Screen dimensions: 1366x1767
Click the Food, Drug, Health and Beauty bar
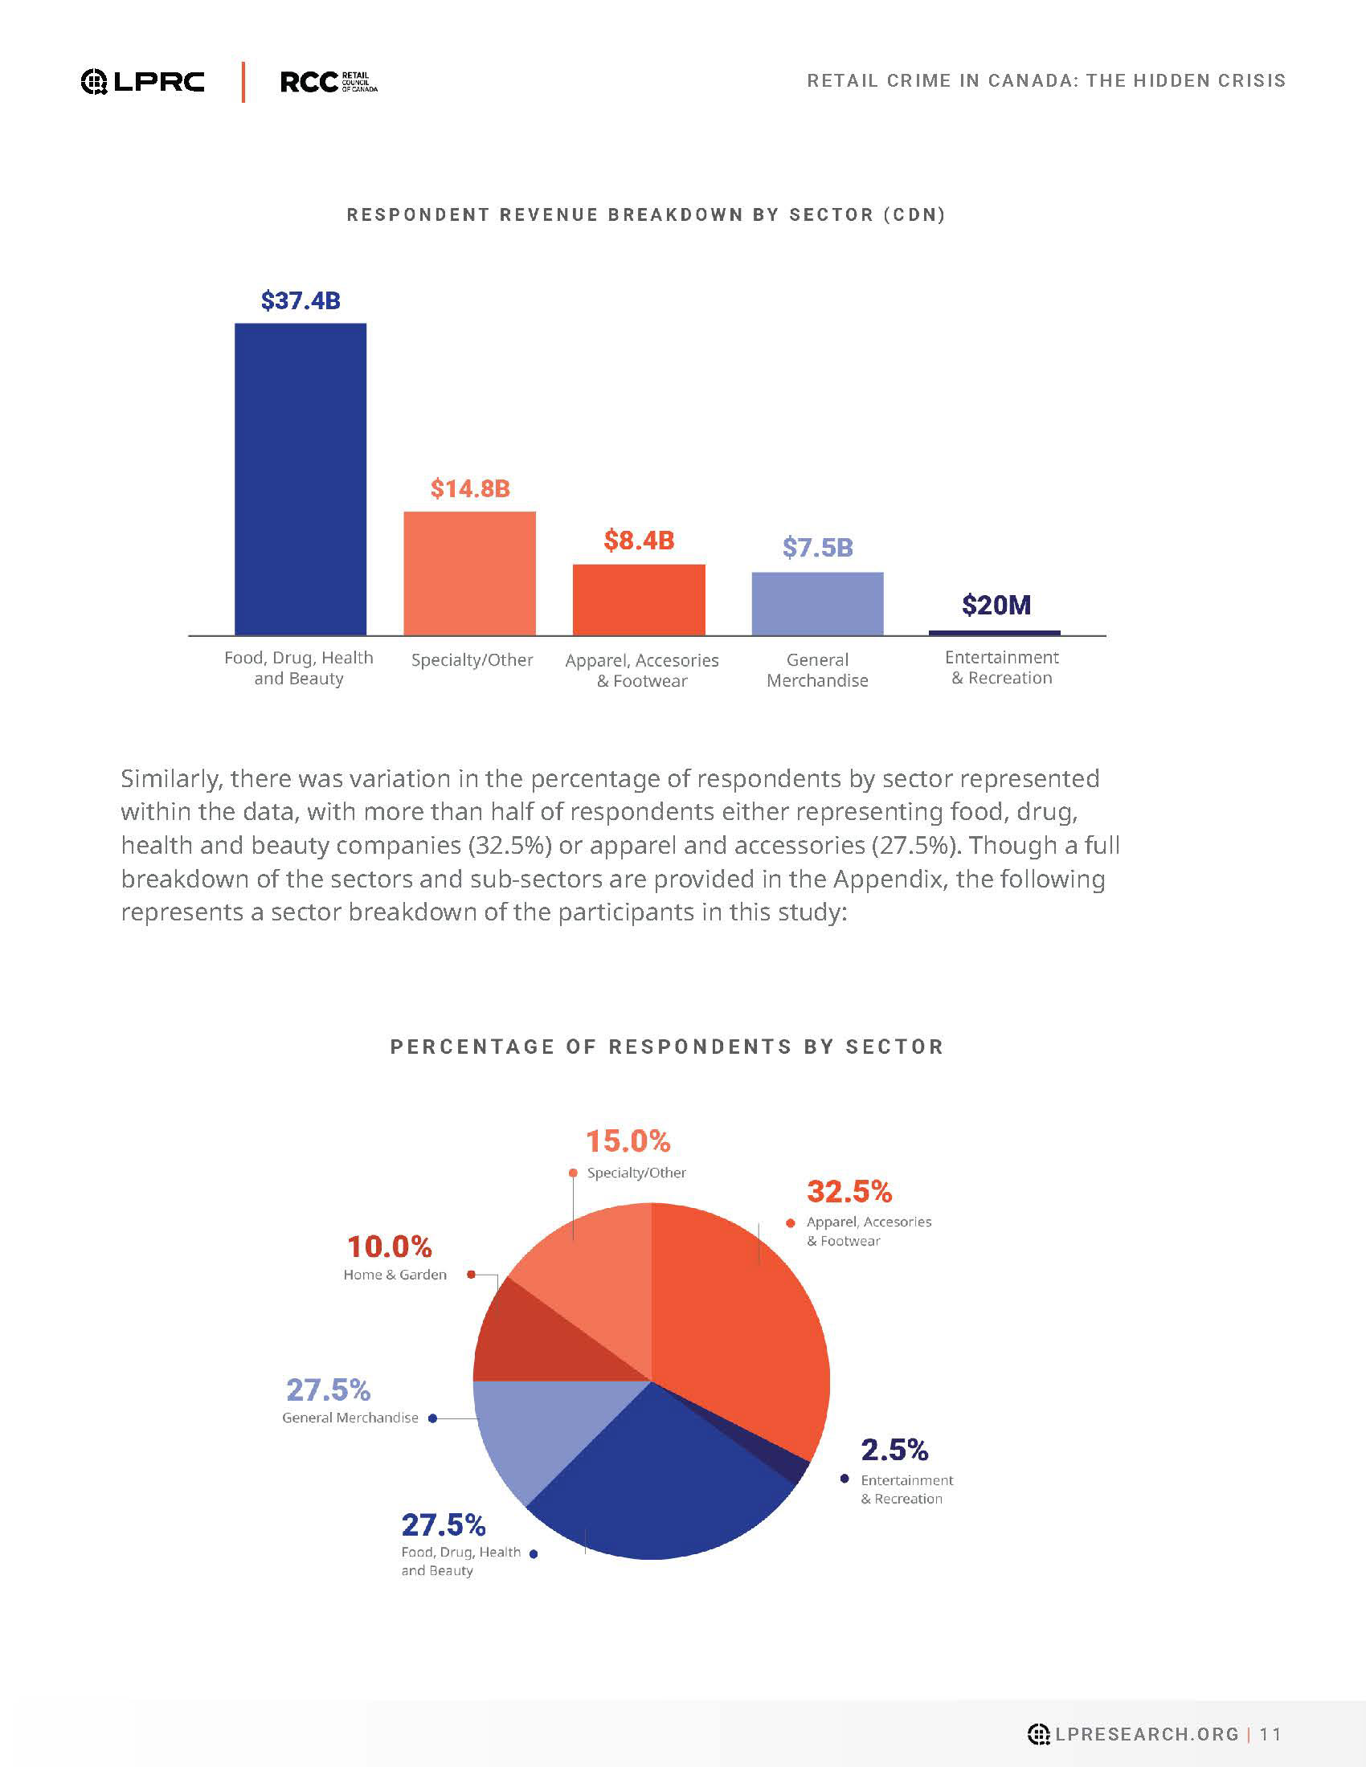(x=301, y=479)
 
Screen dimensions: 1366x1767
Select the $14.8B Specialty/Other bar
(x=469, y=573)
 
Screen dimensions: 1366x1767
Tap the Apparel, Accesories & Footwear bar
(x=639, y=599)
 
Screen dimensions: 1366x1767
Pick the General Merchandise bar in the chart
(x=817, y=603)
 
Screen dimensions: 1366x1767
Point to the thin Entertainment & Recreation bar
(x=995, y=633)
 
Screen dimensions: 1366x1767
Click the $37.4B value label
(x=301, y=301)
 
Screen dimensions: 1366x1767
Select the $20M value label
(x=996, y=605)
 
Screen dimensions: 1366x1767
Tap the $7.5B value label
(x=817, y=548)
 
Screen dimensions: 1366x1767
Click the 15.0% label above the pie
(x=628, y=1141)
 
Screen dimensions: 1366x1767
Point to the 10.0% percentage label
(x=389, y=1247)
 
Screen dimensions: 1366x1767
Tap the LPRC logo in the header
(x=142, y=82)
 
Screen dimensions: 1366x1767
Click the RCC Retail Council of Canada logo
(x=329, y=82)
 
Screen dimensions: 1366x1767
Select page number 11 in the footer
(x=1270, y=1734)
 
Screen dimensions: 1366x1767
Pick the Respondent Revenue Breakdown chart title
(x=646, y=215)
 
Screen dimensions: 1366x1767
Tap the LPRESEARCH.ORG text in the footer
(x=1147, y=1734)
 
